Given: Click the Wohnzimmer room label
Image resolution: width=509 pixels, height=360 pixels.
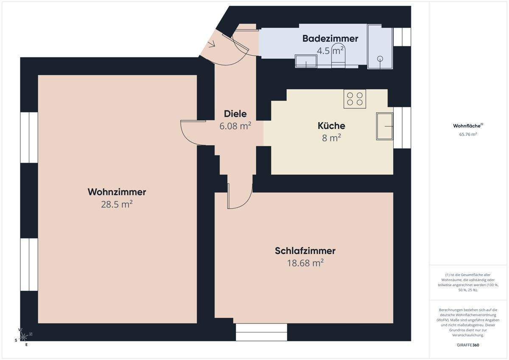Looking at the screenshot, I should coord(117,192).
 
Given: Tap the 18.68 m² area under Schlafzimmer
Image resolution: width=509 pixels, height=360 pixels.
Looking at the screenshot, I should coord(305,263).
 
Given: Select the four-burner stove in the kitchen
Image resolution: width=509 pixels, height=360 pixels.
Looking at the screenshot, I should coord(355,99).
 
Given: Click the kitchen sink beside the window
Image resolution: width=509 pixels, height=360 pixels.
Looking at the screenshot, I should coord(385,126).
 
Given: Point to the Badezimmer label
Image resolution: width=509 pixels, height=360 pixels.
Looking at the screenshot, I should coord(330,39).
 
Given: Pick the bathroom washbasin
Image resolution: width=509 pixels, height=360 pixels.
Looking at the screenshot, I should coord(306,62).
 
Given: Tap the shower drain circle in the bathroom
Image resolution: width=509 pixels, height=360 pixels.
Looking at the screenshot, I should coord(380,59).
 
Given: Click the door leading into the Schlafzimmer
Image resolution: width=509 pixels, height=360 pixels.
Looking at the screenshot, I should coord(240,197).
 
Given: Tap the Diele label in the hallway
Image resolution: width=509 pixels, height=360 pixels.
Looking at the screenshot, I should coord(235,114).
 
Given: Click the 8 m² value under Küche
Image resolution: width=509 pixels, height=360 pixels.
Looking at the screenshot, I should coord(331,138).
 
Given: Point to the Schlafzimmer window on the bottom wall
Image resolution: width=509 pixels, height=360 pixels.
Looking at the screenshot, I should coord(261,332).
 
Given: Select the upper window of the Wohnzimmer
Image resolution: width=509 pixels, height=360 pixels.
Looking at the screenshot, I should coord(29,137).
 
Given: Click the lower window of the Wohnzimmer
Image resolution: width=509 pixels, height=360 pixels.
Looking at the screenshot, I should coord(29,264).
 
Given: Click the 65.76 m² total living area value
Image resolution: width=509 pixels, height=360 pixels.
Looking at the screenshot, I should coord(468,134).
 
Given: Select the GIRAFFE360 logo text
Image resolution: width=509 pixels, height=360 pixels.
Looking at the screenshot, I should coord(468,345).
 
